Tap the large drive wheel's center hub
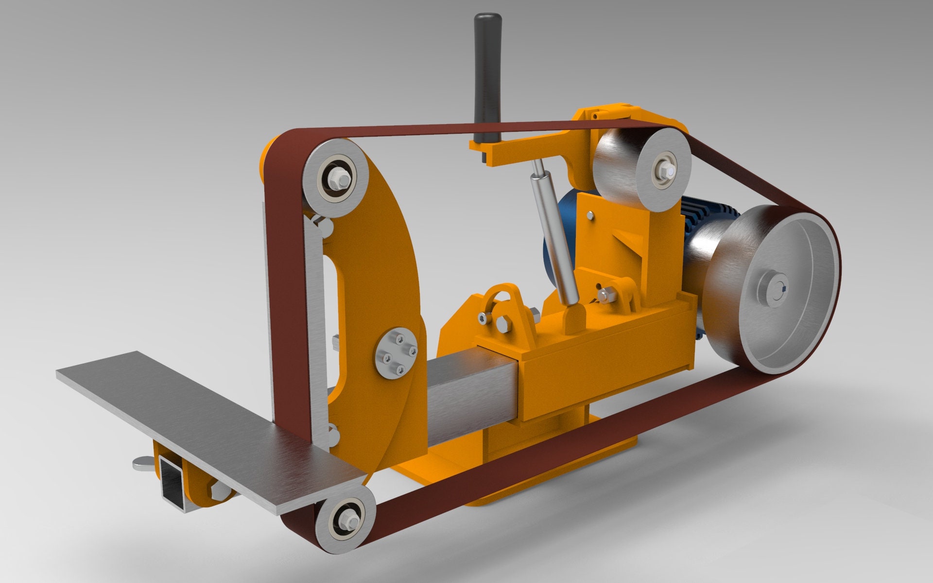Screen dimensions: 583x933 776,290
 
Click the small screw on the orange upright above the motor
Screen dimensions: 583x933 590,214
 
